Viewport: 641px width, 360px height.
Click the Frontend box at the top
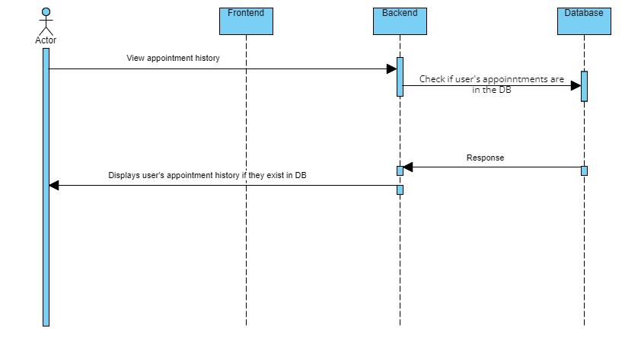click(246, 21)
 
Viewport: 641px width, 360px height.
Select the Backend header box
click(400, 21)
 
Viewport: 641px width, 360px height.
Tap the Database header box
click(584, 21)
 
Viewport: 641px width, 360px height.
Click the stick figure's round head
click(46, 12)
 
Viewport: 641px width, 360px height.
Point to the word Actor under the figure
click(46, 40)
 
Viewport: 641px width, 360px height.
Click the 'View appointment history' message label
click(173, 58)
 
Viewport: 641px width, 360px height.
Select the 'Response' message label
click(485, 158)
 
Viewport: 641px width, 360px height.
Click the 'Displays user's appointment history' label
click(207, 175)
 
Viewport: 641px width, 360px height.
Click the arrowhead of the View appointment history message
click(391, 69)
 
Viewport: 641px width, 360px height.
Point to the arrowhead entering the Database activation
click(576, 86)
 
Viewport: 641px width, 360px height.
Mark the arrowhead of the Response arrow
click(408, 167)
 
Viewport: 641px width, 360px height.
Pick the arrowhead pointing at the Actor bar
click(54, 185)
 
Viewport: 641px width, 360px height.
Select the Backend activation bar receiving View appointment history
click(400, 77)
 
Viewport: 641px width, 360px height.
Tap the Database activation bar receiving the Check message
click(584, 86)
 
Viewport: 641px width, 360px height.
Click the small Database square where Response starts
click(584, 170)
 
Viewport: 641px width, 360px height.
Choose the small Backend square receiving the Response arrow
click(400, 170)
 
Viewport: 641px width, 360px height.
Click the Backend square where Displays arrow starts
click(400, 190)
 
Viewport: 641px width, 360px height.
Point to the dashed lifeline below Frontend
click(246, 228)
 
